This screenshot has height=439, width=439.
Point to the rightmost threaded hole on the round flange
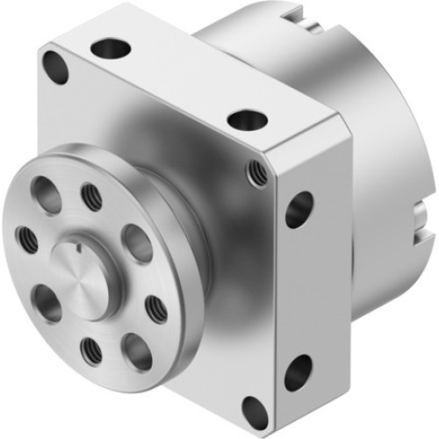(x=156, y=307)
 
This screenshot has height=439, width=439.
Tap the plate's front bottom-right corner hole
(x=255, y=409)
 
